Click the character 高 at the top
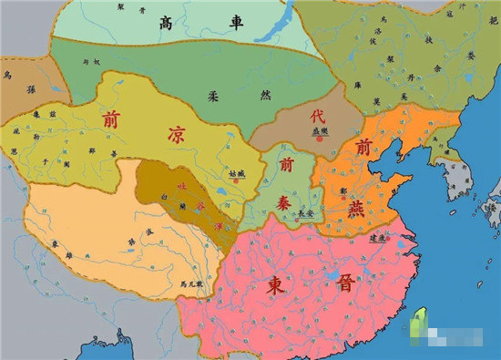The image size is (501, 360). (166, 23)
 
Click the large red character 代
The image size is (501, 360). (318, 118)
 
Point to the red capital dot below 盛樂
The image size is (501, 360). (320, 138)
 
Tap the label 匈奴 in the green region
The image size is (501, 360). (90, 62)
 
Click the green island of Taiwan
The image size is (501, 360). (421, 320)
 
